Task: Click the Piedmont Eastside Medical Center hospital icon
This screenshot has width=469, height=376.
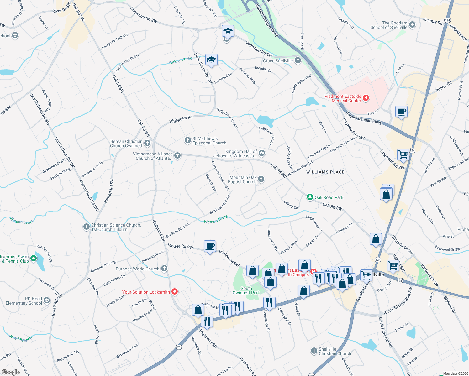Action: pyautogui.click(x=366, y=98)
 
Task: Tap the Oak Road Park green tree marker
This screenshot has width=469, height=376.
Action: pyautogui.click(x=310, y=197)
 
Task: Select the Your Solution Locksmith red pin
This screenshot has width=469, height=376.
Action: pyautogui.click(x=175, y=292)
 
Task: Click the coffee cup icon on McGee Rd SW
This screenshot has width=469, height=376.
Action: pyautogui.click(x=210, y=246)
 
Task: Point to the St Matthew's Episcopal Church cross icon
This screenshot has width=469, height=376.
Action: pyautogui.click(x=187, y=140)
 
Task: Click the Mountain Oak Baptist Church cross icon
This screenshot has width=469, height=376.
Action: pyautogui.click(x=261, y=179)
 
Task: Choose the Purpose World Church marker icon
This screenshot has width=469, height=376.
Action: pyautogui.click(x=164, y=269)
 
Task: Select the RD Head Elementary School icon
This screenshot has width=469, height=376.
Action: pyautogui.click(x=47, y=301)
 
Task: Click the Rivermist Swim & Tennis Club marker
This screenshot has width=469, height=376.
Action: pyautogui.click(x=34, y=258)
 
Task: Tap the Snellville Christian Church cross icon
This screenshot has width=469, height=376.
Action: pyautogui.click(x=314, y=351)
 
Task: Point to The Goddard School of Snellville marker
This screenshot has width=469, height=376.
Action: pyautogui.click(x=412, y=24)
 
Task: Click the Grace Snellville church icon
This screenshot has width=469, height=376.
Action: pyautogui.click(x=298, y=60)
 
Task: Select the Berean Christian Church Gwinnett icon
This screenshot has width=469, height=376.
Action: pyautogui.click(x=147, y=143)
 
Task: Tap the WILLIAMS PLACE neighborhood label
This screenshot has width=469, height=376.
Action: pyautogui.click(x=325, y=172)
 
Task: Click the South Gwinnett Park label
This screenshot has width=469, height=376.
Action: pyautogui.click(x=246, y=290)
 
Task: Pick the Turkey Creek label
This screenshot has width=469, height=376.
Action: pyautogui.click(x=180, y=60)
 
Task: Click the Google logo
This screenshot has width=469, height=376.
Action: pyautogui.click(x=10, y=372)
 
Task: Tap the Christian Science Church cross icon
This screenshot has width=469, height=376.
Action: pyautogui.click(x=86, y=227)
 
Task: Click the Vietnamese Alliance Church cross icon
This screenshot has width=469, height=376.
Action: pyautogui.click(x=177, y=155)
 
